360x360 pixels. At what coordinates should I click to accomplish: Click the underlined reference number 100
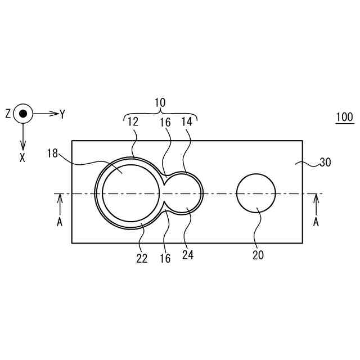345,117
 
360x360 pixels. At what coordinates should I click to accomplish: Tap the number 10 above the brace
160,102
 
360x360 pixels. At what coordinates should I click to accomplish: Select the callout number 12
133,122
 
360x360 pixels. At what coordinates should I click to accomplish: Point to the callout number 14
187,122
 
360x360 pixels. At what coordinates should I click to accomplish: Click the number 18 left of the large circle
52,154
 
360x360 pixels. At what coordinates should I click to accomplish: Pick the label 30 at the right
325,163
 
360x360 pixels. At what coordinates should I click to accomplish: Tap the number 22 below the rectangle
142,259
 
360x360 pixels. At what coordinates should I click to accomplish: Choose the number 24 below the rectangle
188,255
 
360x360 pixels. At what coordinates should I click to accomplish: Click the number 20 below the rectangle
258,255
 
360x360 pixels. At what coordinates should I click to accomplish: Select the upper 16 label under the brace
165,123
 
